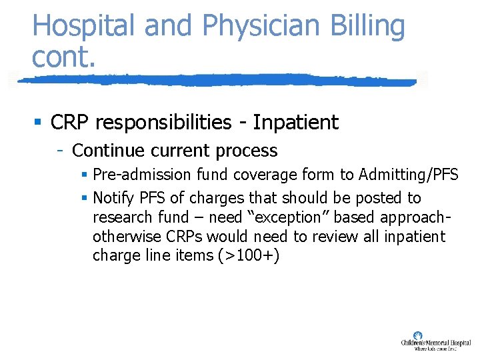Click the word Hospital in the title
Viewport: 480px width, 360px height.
click(84, 27)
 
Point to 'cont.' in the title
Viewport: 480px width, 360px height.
click(64, 57)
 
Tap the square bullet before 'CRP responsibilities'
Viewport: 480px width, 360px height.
click(38, 123)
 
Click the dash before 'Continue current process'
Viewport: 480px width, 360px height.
click(60, 151)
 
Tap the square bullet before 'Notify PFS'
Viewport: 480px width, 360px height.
click(84, 198)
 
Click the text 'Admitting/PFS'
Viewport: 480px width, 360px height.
click(408, 175)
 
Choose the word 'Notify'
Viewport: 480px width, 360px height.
click(114, 198)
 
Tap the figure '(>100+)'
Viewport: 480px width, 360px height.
click(247, 255)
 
